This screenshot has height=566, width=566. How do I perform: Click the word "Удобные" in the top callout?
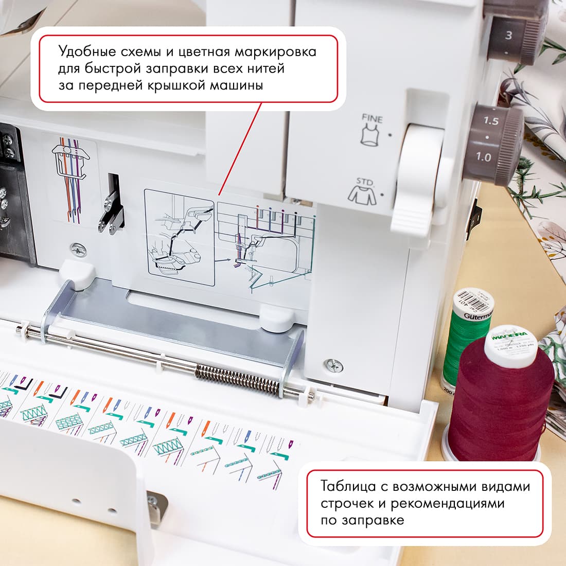coord(84,51)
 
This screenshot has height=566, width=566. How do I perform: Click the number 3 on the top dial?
coord(508,36)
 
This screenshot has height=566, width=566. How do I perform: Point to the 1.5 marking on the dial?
coord(491,121)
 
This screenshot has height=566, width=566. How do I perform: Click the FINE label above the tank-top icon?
coord(372,118)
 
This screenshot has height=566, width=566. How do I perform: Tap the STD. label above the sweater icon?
coord(365,182)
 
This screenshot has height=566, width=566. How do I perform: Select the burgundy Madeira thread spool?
coord(499,401)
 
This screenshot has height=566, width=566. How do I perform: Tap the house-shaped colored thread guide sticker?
coord(68,180)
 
